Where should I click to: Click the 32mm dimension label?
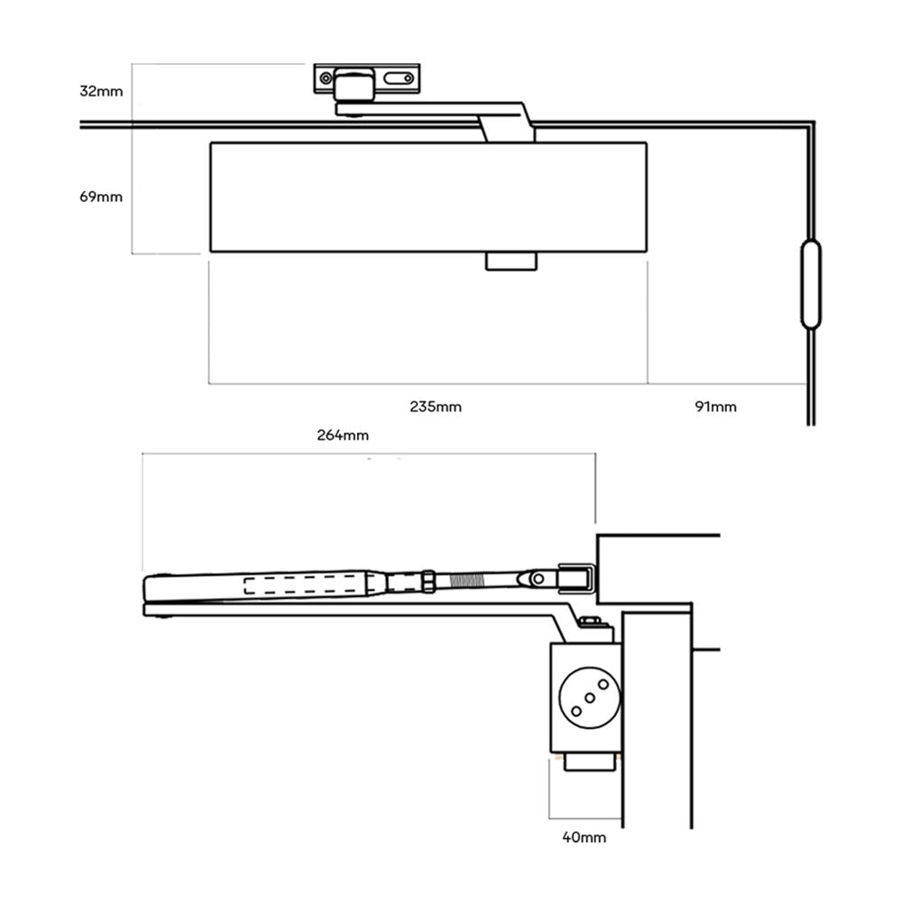tap(100, 91)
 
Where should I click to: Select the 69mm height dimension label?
tap(100, 197)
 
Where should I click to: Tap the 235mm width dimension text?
tap(435, 407)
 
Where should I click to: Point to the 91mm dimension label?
tap(715, 407)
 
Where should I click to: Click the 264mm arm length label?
tap(342, 435)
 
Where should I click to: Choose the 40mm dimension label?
tap(584, 837)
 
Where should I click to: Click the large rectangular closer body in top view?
tap(428, 197)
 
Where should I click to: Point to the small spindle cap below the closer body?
tap(511, 261)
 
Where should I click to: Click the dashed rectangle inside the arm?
tap(306, 584)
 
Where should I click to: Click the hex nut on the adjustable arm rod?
tap(428, 580)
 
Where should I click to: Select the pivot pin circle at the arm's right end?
tap(538, 576)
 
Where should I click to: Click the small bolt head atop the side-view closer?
tap(591, 621)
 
